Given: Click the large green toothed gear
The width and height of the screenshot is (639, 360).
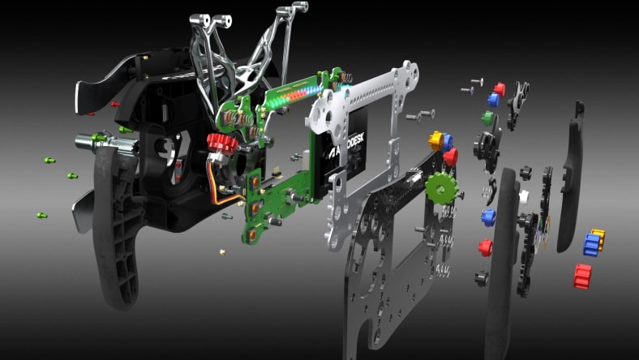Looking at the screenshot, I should tap(441, 187).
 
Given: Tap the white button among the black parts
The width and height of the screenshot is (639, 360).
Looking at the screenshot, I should tap(525, 195).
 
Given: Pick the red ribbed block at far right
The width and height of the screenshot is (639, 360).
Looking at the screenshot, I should tap(582, 276).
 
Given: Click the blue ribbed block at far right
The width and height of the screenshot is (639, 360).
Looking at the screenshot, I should tap(591, 246).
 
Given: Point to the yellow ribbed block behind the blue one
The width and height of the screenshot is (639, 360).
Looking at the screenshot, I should tap(599, 235).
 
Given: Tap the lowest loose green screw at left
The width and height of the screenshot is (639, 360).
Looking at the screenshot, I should tap(42, 215).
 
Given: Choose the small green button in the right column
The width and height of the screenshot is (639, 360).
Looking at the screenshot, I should tap(487, 118).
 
